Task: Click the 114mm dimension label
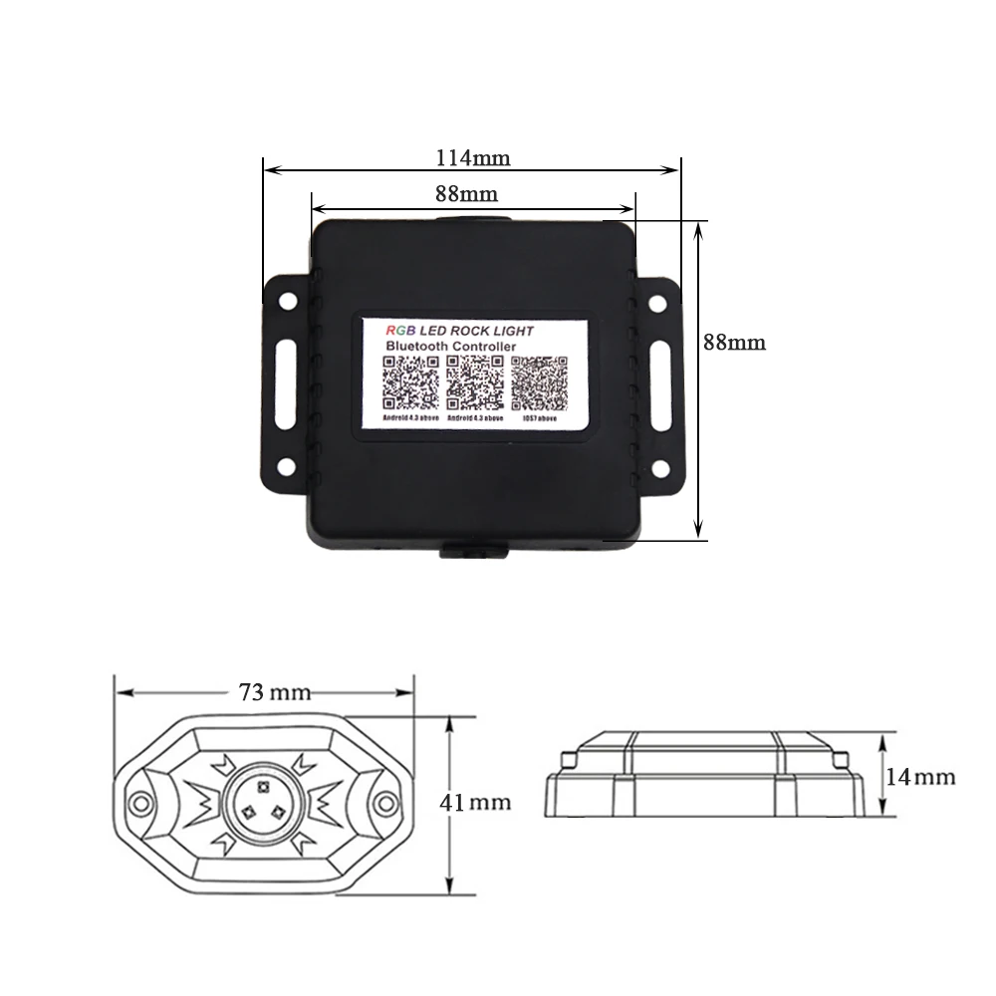[473, 156]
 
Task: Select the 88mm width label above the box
[466, 194]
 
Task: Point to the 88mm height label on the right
[734, 342]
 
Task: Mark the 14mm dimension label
[919, 777]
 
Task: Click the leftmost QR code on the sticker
[412, 383]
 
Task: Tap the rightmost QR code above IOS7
[538, 383]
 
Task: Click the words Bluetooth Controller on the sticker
[450, 346]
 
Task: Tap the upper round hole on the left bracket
[288, 298]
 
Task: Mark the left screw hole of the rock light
[138, 800]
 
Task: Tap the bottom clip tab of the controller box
[474, 549]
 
